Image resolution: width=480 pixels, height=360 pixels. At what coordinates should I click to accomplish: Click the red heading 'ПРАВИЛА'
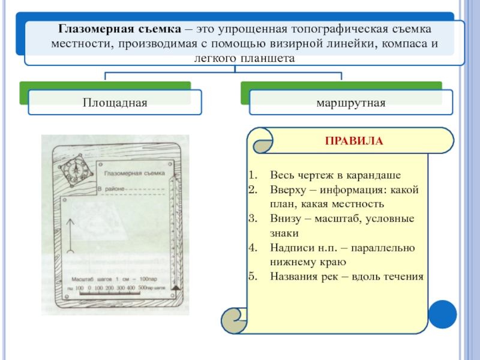coord(353,142)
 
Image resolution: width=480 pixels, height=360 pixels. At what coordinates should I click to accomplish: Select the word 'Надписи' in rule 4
coord(289,247)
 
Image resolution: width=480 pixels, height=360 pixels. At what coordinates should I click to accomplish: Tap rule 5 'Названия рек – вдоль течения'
coord(346,276)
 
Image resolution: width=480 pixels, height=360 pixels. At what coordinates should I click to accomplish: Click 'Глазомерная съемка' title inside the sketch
coord(134,173)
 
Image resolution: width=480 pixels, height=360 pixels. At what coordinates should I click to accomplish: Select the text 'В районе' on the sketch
coord(111,189)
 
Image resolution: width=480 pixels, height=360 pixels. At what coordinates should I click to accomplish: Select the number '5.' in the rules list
coord(253,276)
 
